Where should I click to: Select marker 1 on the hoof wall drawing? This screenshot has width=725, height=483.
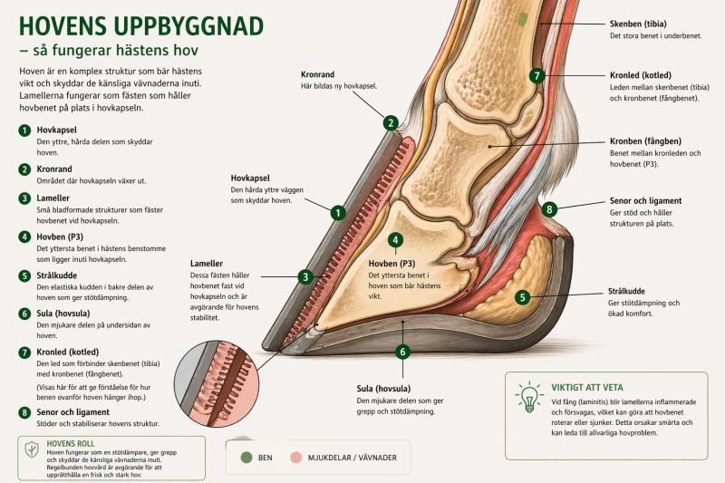pos(338,213)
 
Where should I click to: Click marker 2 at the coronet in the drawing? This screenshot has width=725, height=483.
pos(391,122)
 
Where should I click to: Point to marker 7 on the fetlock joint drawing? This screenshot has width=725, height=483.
pos(537,75)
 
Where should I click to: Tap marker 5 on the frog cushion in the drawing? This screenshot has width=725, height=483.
pos(522,297)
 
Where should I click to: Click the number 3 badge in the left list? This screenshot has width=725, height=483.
pos(24,198)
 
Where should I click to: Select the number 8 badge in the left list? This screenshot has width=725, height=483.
pos(24,412)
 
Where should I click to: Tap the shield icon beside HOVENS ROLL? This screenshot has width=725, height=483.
pos(32,449)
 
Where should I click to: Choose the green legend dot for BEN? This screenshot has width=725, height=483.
pos(246,458)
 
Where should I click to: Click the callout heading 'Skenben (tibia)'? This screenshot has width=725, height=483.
pos(640,24)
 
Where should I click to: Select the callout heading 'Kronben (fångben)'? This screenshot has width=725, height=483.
pos(646,141)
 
